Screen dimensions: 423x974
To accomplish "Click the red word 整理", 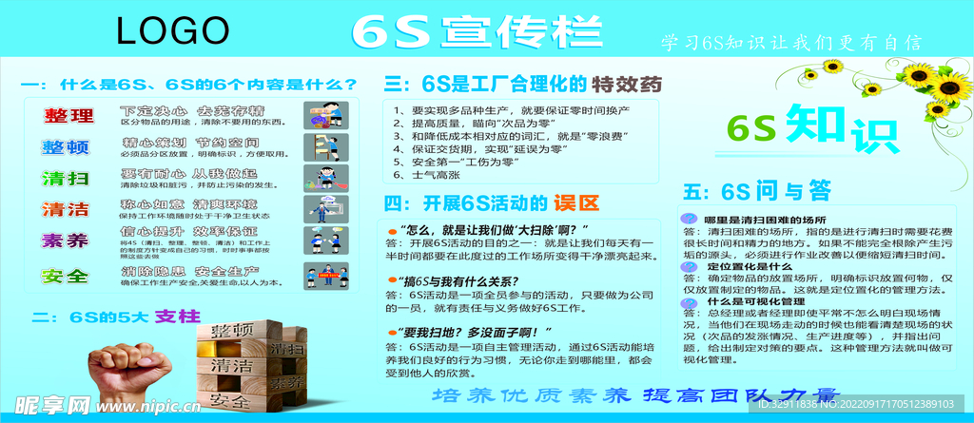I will (x=69, y=116).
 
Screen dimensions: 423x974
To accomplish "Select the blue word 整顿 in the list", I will (x=66, y=147).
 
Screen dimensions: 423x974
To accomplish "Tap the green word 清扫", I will (x=66, y=179).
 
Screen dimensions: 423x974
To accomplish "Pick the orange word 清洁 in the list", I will (x=66, y=210).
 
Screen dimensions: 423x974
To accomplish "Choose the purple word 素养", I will (x=66, y=241).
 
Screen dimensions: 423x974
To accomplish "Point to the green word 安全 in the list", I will (x=66, y=277).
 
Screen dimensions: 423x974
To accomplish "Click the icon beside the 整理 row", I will (x=324, y=115).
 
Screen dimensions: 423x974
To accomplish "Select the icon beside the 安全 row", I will (x=324, y=276).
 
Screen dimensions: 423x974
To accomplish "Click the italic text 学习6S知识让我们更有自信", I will (x=791, y=44).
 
